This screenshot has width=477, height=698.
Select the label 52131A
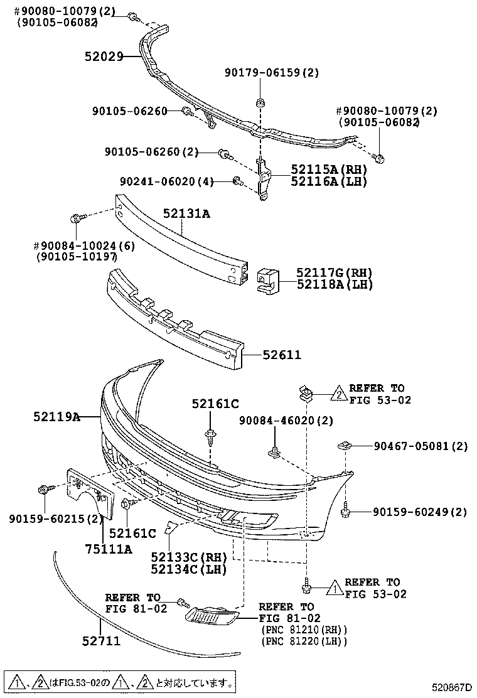click(x=186, y=214)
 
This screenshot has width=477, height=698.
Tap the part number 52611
click(x=282, y=355)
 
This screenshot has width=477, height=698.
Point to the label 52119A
click(x=56, y=416)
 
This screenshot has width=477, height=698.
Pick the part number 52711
click(x=101, y=641)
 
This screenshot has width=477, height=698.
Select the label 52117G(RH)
click(x=335, y=273)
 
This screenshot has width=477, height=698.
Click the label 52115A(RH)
click(x=328, y=170)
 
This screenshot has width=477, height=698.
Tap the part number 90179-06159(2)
click(x=272, y=73)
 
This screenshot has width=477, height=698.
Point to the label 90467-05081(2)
click(x=421, y=447)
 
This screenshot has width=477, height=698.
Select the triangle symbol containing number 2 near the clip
click(x=338, y=394)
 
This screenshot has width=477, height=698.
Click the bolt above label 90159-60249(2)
click(x=345, y=513)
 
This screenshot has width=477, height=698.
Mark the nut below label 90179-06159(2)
click(x=259, y=102)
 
